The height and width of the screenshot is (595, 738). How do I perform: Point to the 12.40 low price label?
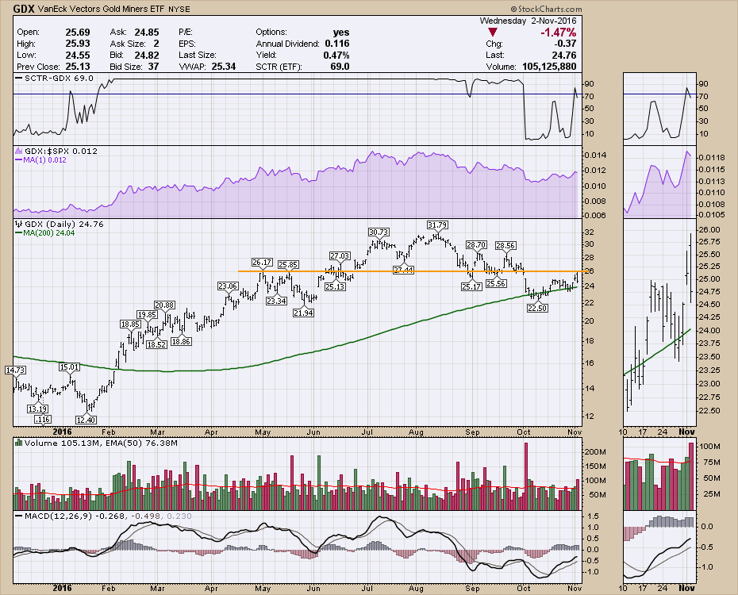click(86, 420)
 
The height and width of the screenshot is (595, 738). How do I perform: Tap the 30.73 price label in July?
click(379, 232)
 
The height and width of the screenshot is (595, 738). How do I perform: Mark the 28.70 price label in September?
click(475, 245)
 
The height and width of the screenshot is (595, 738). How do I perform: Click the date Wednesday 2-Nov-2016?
click(540, 20)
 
